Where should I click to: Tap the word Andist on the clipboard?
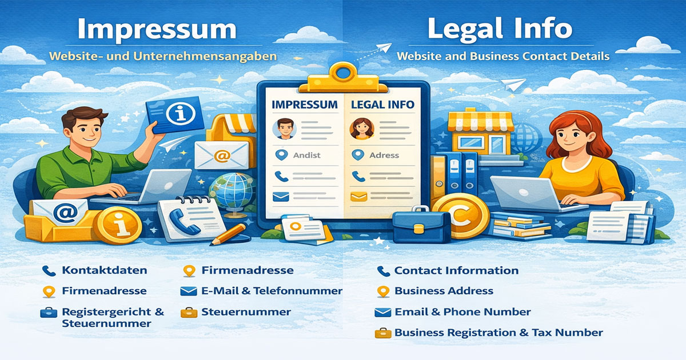[x=306, y=155]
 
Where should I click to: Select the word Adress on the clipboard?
[x=384, y=155]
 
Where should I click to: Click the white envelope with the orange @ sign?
[x=221, y=154]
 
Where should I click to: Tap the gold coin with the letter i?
[x=118, y=226]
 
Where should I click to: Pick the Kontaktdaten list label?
[x=104, y=270]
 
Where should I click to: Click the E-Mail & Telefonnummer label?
[x=272, y=291]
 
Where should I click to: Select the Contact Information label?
[x=456, y=270]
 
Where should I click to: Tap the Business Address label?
[x=444, y=291]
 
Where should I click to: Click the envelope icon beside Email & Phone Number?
[x=382, y=312]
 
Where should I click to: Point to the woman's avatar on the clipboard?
[x=361, y=129]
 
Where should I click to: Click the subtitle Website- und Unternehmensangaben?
[x=163, y=57]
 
